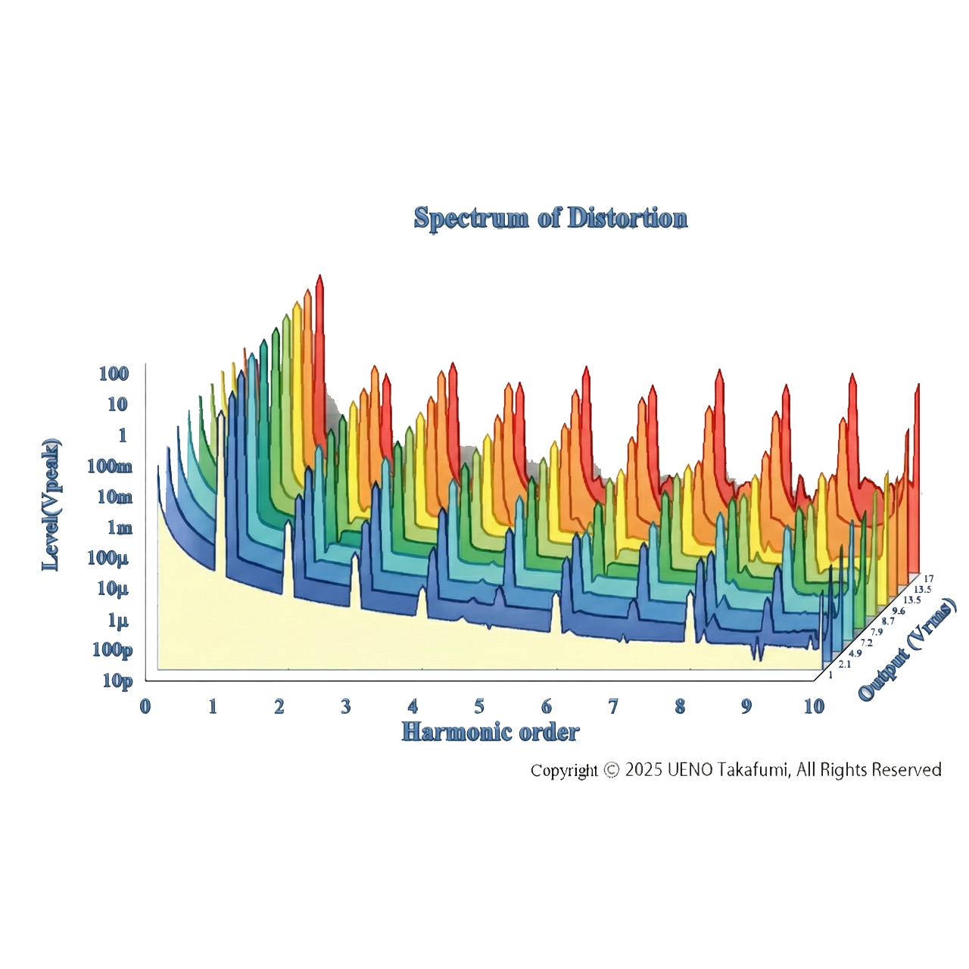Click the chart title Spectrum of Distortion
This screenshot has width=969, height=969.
(550, 218)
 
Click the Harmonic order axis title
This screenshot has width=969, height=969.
(490, 732)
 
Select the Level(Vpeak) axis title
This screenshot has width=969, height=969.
(51, 504)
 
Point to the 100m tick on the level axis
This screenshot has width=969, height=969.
(110, 466)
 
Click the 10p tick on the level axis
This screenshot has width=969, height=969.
(117, 681)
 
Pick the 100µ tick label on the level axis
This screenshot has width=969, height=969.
(107, 558)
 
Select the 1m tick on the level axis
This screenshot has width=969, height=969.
(120, 528)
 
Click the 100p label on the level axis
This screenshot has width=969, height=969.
(112, 650)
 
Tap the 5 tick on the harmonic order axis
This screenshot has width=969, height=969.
(479, 707)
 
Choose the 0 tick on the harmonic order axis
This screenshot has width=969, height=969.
(145, 707)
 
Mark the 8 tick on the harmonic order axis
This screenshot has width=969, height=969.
(680, 707)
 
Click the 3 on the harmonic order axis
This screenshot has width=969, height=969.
(346, 707)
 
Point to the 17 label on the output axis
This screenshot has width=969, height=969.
(928, 579)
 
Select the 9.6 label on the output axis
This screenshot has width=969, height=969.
(898, 611)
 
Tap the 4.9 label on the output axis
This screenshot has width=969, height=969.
(855, 653)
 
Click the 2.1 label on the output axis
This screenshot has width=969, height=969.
(844, 664)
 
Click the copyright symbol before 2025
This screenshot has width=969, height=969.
(612, 770)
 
